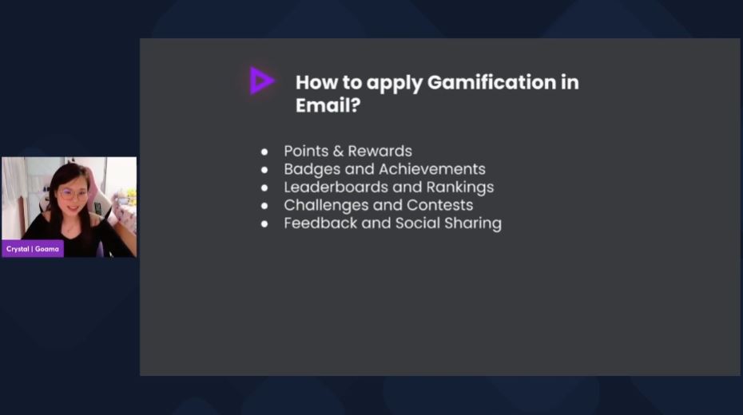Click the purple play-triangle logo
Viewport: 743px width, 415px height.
click(261, 81)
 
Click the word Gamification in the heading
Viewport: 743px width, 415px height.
click(491, 82)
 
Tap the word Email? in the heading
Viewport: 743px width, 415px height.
click(328, 105)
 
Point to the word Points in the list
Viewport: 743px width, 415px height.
click(306, 151)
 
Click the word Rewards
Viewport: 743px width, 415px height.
click(379, 151)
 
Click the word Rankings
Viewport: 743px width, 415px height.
click(459, 188)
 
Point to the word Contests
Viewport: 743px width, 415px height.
click(439, 205)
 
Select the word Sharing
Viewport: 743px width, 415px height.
click(472, 223)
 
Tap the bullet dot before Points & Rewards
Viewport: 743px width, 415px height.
click(264, 152)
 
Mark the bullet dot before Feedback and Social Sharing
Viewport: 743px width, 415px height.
click(264, 223)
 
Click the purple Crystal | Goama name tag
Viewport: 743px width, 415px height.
click(33, 249)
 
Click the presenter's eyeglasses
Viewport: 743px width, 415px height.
click(74, 194)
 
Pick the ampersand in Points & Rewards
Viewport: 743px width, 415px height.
click(338, 151)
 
